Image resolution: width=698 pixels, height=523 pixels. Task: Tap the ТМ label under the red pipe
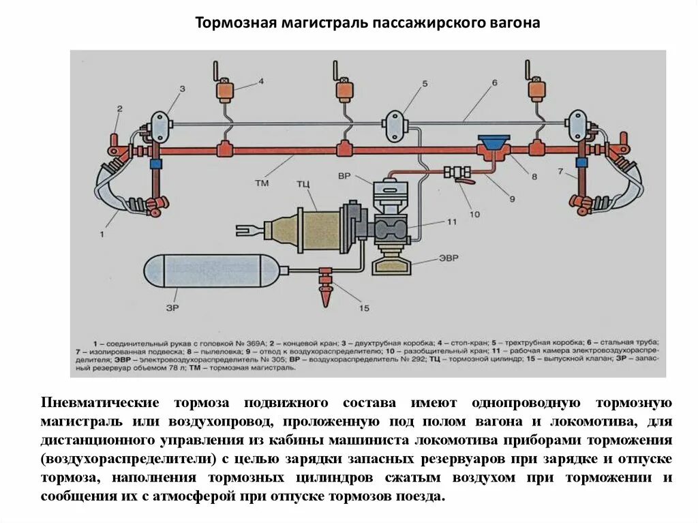tap(262, 183)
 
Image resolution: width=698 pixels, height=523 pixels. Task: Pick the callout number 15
tap(363, 308)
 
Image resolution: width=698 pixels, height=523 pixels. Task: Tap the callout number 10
tap(475, 214)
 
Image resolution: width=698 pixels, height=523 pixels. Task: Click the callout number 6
tap(494, 83)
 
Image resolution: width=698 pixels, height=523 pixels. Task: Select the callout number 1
tap(102, 234)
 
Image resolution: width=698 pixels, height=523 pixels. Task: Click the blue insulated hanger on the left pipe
tap(155, 164)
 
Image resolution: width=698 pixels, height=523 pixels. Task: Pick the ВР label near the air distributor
tap(344, 176)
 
